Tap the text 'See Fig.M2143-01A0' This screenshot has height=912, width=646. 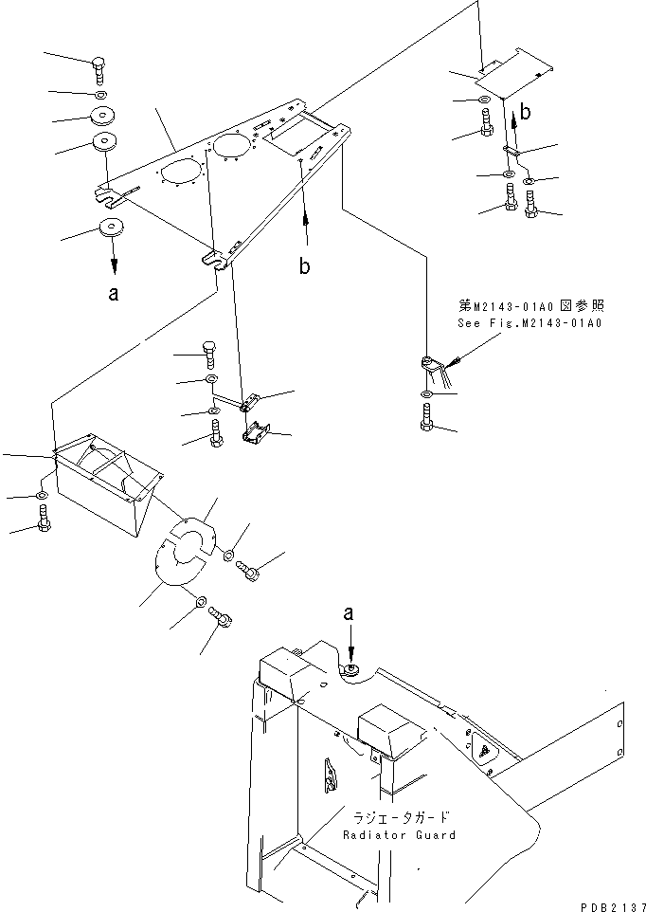530,323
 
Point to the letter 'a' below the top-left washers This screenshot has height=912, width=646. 114,294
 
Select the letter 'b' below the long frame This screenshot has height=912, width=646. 304,267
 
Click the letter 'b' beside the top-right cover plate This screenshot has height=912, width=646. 526,112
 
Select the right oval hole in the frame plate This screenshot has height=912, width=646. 233,145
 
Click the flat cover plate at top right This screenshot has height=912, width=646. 511,75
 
